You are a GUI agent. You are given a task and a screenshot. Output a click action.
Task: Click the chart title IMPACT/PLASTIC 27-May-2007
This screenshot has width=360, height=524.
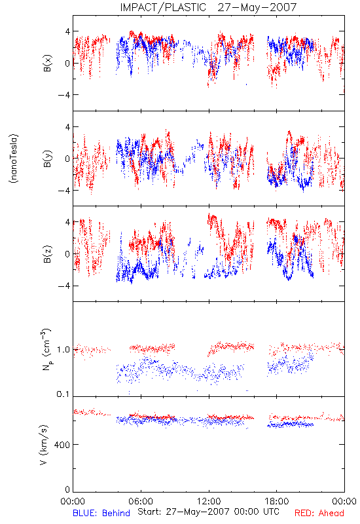coord(208,7)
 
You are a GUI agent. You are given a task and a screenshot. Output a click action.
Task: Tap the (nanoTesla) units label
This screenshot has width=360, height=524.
coord(14,159)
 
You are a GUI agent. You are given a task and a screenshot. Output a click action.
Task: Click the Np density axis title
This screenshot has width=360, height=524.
coord(46,350)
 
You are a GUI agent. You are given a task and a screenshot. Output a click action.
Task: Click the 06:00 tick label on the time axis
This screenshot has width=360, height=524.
coord(141,501)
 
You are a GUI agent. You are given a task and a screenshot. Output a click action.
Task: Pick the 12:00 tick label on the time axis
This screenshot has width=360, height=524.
coord(209,501)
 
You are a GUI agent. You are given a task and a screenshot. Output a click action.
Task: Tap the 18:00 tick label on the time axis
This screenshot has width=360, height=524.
coord(277,501)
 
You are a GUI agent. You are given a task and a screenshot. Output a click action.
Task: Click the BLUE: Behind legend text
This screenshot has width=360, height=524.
coord(101,513)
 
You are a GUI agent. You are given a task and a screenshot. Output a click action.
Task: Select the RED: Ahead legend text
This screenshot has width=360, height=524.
coord(319,513)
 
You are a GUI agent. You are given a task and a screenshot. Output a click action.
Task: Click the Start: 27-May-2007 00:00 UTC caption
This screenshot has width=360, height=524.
coord(208,512)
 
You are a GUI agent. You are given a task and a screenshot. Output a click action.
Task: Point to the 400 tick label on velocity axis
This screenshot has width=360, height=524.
coord(62,445)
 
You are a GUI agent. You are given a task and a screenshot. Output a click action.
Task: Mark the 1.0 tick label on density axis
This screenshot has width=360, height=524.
coord(63,350)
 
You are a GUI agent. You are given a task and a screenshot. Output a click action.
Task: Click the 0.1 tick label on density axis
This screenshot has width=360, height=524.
coord(63,394)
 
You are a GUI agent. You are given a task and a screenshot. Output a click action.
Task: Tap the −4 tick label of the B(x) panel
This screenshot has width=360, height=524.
coord(63,95)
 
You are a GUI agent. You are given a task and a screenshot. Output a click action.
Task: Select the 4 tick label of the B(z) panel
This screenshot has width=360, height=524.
coord(67,222)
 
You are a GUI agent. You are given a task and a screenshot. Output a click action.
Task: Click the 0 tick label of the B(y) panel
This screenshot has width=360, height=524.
coord(67,159)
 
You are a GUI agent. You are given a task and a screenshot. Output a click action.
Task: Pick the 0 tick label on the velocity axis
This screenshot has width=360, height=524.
coord(67,489)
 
